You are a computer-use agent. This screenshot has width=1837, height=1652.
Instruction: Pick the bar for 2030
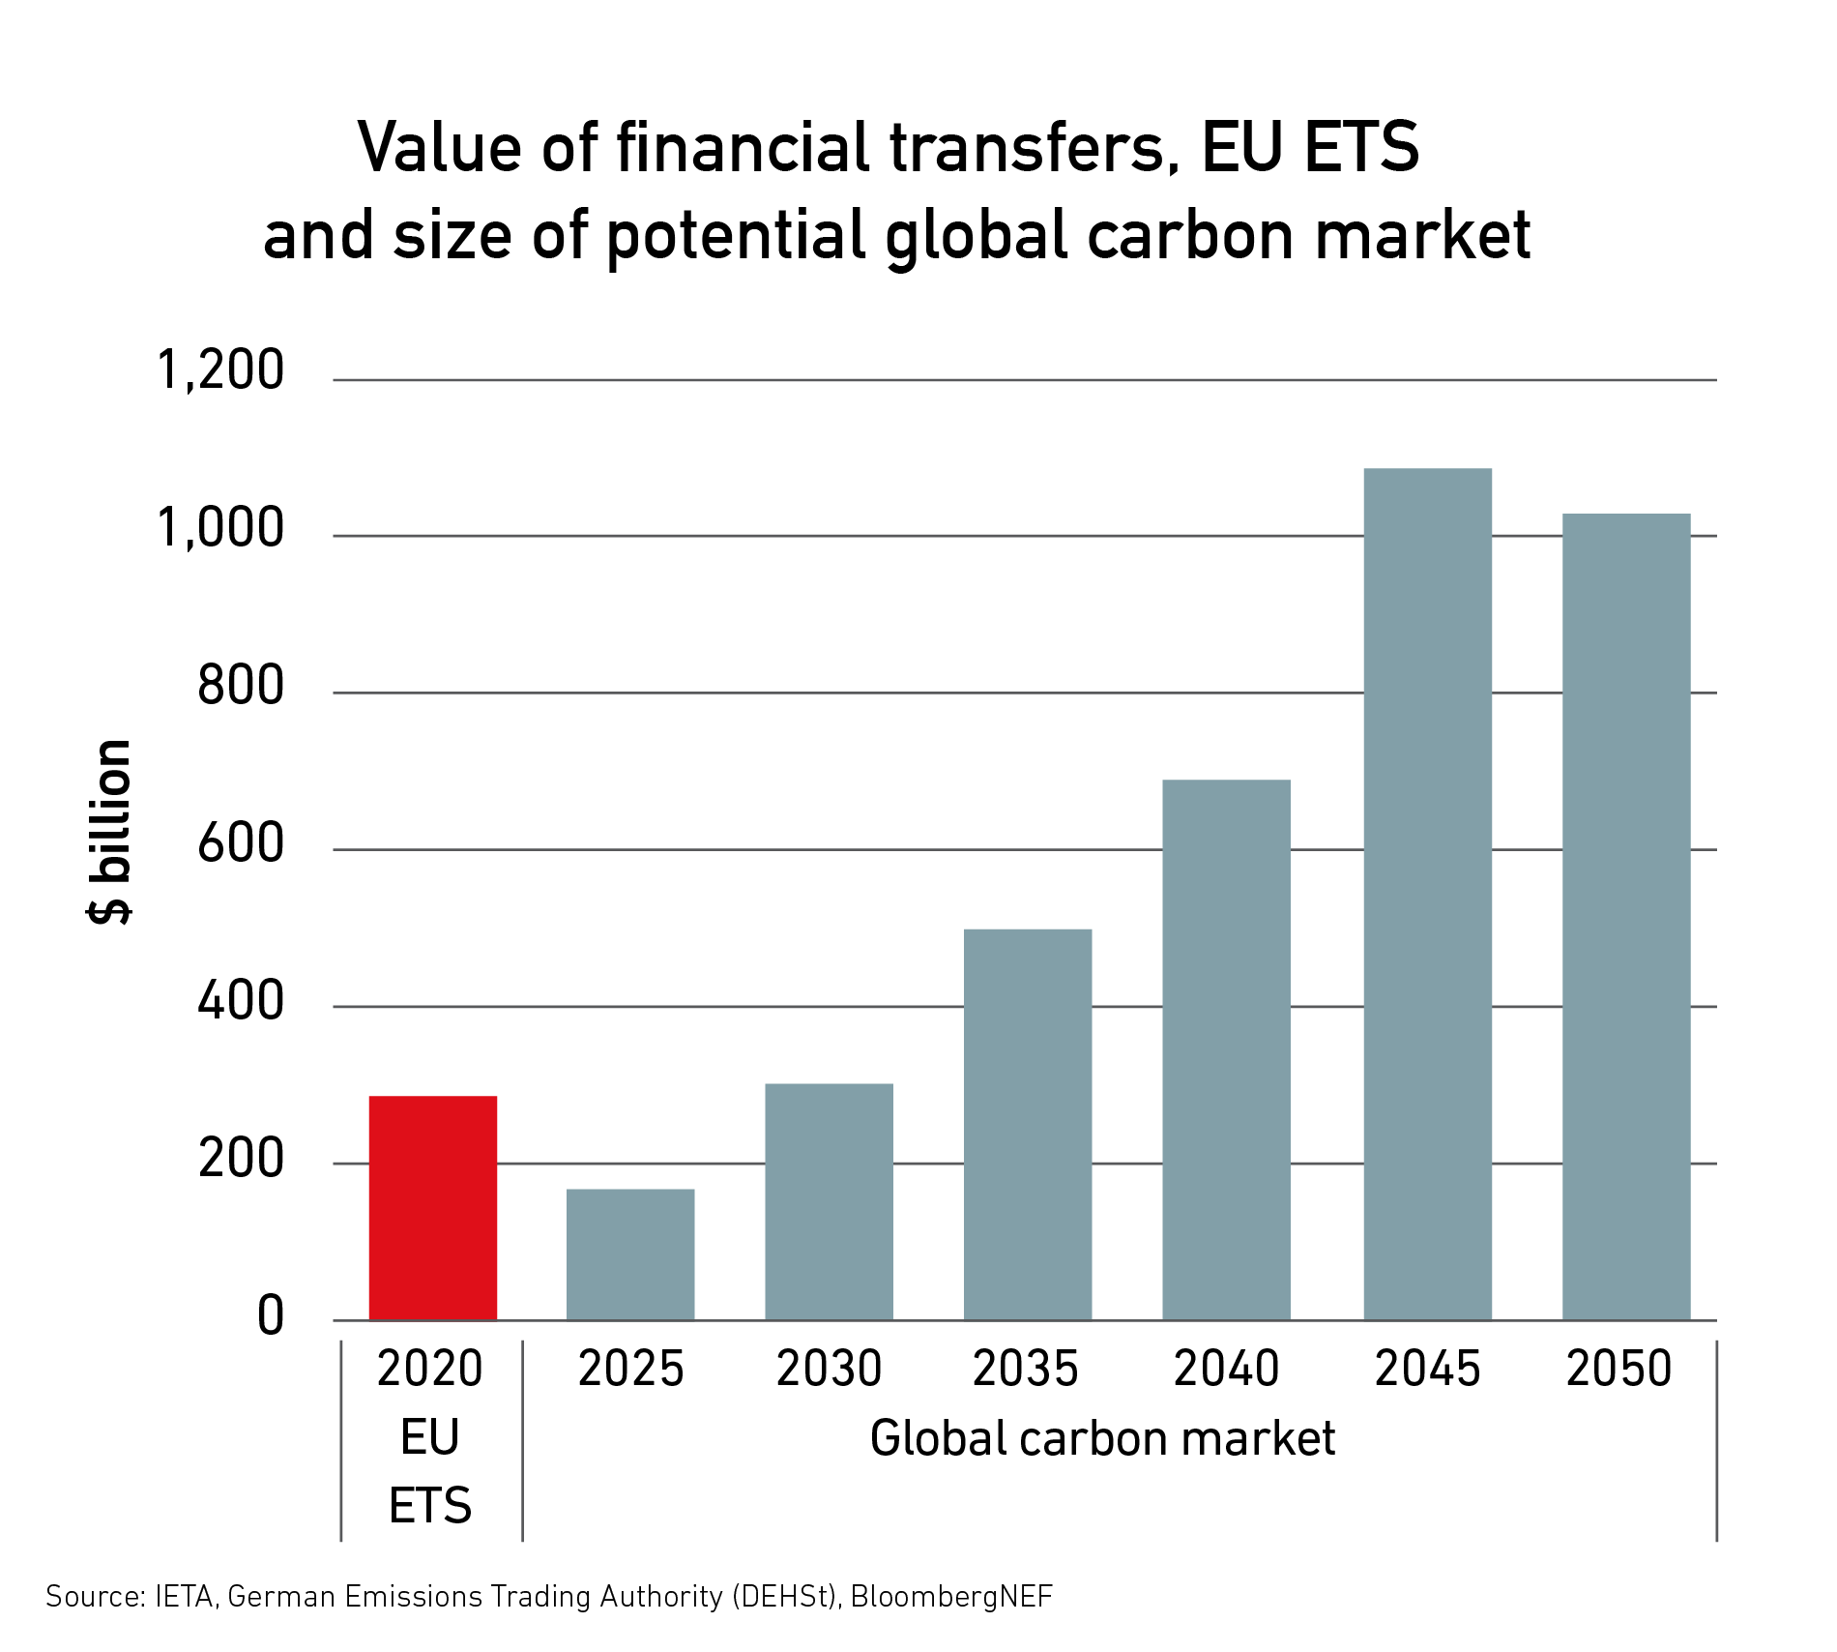point(829,1201)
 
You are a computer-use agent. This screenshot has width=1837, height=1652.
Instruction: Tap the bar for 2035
point(1028,1124)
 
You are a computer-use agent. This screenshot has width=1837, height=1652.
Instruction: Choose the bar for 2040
point(1226,1049)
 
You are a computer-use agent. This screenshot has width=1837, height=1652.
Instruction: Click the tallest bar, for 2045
point(1427,894)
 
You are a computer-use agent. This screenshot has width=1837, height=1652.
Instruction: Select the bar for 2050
point(1626,916)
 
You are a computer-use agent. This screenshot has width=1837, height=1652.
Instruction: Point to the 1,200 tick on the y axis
point(220,370)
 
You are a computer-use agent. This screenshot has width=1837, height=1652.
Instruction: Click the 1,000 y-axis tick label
point(220,528)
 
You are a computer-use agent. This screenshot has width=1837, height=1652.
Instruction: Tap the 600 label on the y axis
point(241,843)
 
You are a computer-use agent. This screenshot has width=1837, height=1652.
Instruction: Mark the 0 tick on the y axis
point(271,1316)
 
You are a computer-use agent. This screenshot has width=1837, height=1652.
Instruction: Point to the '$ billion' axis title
point(109,832)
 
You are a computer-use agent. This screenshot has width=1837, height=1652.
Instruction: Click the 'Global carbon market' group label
point(1102,1438)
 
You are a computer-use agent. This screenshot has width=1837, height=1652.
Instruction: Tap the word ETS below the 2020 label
point(430,1506)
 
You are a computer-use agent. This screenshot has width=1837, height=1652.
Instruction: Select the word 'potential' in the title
point(736,236)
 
